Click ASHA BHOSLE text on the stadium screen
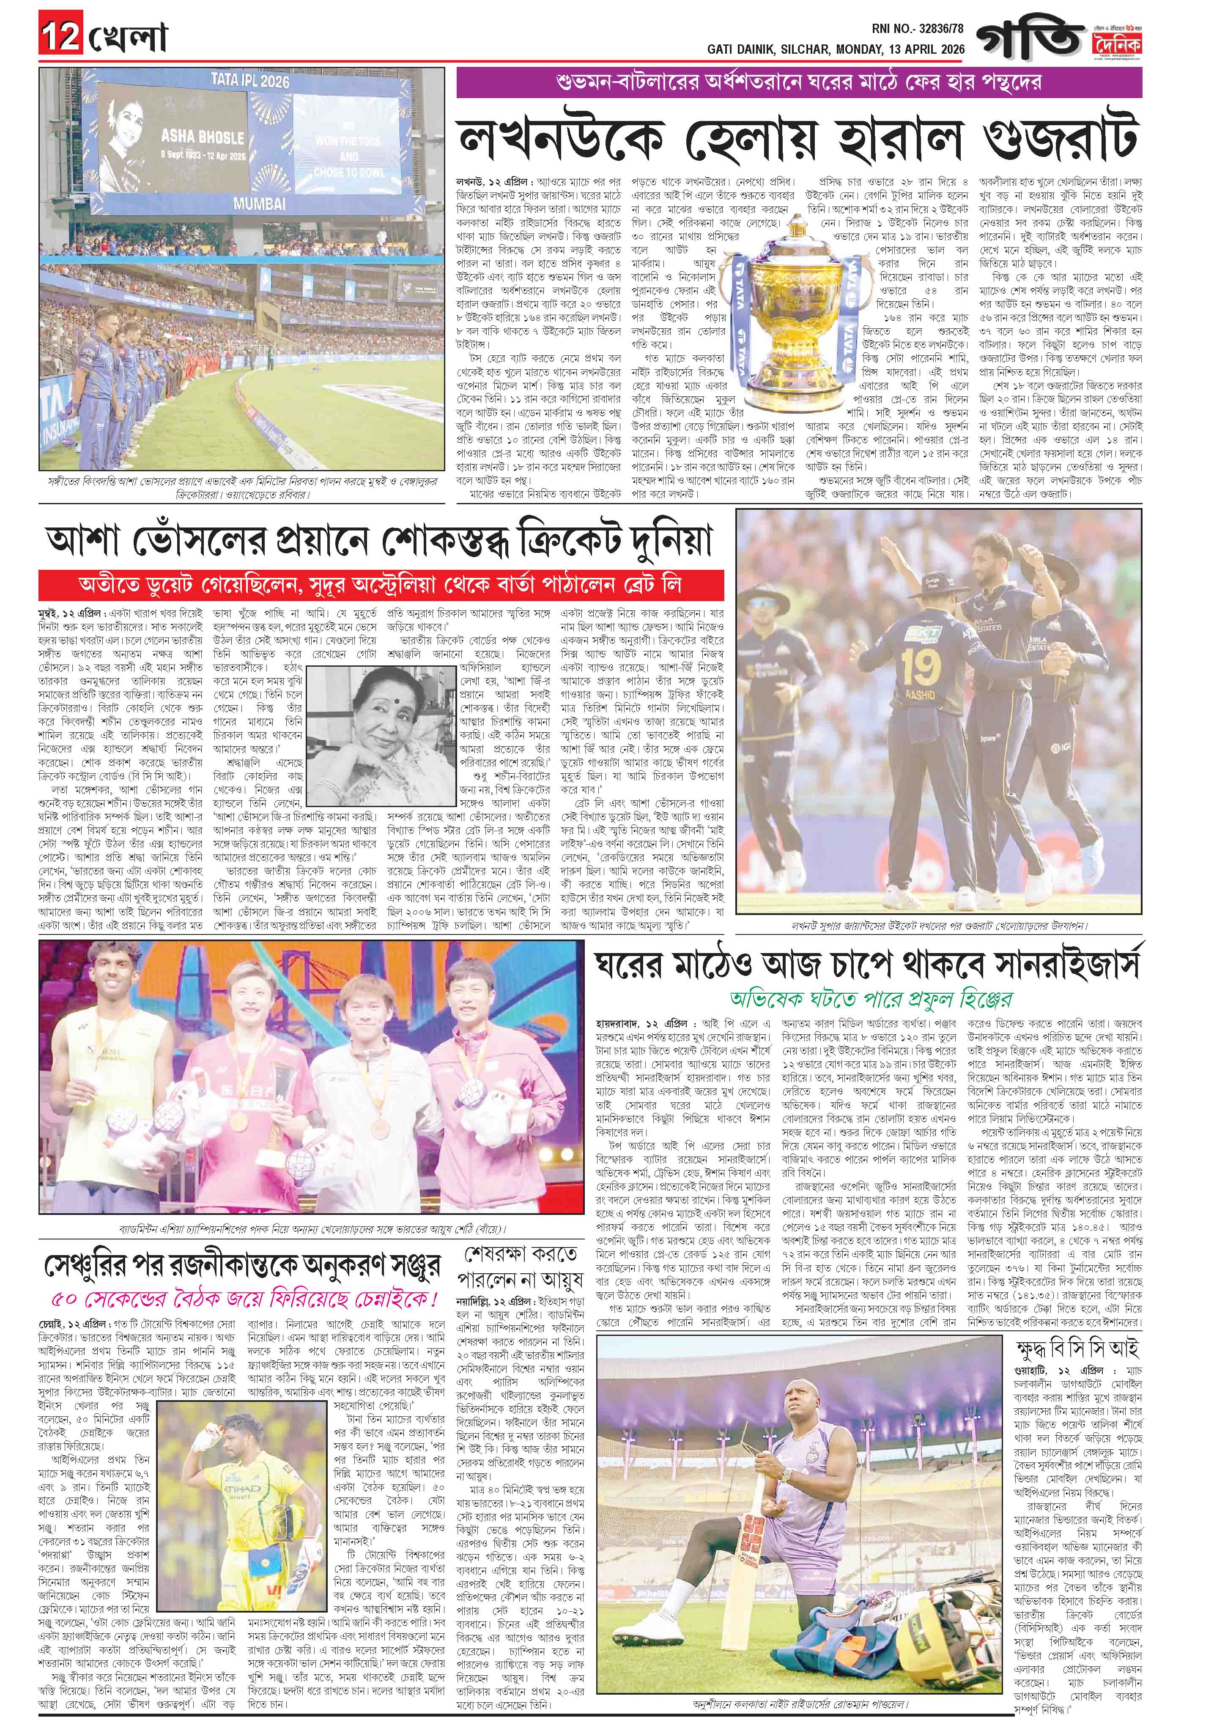(x=202, y=137)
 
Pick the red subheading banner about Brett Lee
(x=382, y=584)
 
